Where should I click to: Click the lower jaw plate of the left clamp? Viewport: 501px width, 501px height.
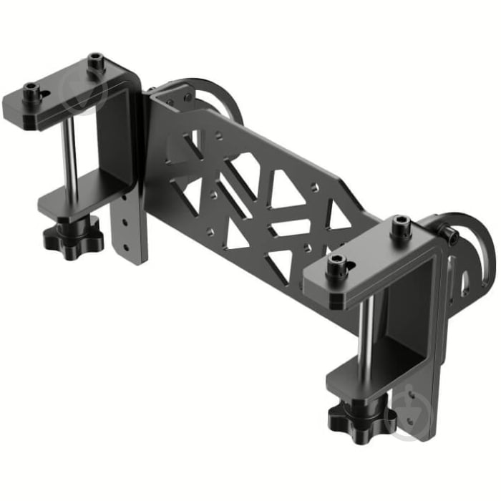(79, 200)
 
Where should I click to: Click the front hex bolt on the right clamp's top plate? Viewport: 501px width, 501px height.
(336, 266)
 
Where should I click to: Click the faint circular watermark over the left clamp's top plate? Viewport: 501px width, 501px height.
(83, 90)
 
